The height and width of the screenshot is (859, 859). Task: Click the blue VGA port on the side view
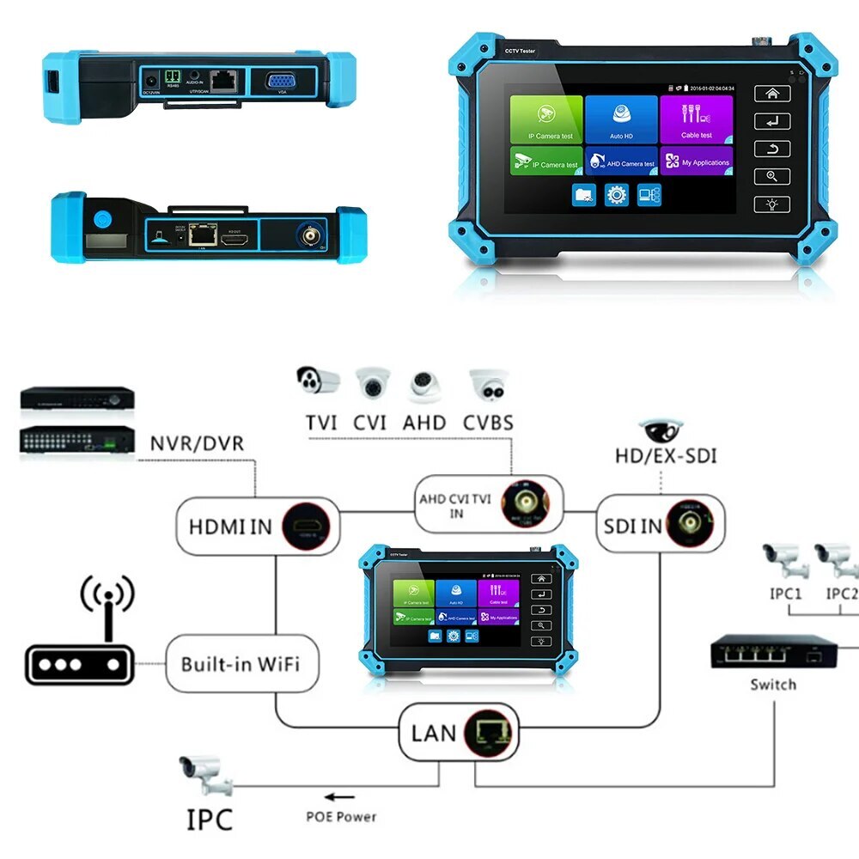point(281,82)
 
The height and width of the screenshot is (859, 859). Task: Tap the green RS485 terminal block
point(173,76)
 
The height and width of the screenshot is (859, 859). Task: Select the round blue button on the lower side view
point(104,219)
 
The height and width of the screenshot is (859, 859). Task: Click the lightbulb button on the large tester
point(771,204)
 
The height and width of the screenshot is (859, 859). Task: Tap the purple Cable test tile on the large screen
point(696,119)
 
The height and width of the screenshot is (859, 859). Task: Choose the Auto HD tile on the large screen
point(621,119)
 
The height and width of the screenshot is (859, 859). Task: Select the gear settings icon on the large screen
point(616,195)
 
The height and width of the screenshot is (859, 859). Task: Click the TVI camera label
point(320,423)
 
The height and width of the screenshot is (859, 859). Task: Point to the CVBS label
point(488,423)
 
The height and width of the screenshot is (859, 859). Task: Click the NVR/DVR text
point(197,444)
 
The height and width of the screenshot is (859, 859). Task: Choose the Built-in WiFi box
point(240,664)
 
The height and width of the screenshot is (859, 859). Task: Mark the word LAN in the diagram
point(434,733)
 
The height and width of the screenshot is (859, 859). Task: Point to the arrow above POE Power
point(341,797)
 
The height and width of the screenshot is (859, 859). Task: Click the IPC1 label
point(785,593)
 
